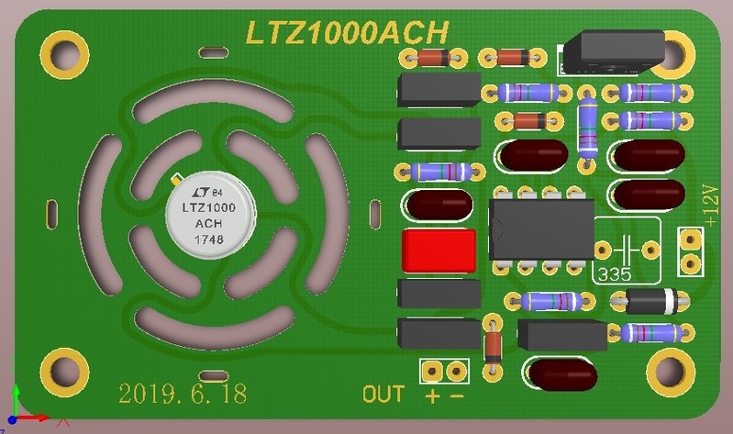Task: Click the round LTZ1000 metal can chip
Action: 210,215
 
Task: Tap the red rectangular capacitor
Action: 439,250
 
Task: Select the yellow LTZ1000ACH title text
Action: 347,33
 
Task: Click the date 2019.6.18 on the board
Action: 183,394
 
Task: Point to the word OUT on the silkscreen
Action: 383,395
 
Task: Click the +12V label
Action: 710,206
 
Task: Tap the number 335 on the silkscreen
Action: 615,274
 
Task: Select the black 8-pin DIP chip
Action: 541,229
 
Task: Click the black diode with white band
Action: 650,301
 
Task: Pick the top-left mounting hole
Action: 64,54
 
